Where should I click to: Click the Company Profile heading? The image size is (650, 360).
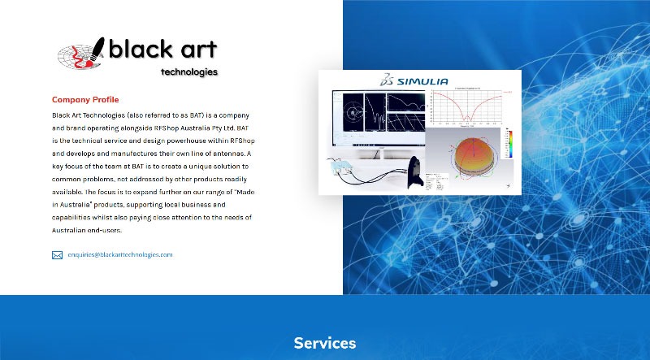pyautogui.click(x=84, y=100)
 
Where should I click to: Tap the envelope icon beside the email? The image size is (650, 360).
pyautogui.click(x=58, y=255)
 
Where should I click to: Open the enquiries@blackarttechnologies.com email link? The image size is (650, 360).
pyautogui.click(x=119, y=255)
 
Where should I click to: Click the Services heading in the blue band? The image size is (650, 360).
pyautogui.click(x=325, y=343)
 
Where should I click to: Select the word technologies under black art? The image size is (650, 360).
pyautogui.click(x=189, y=72)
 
